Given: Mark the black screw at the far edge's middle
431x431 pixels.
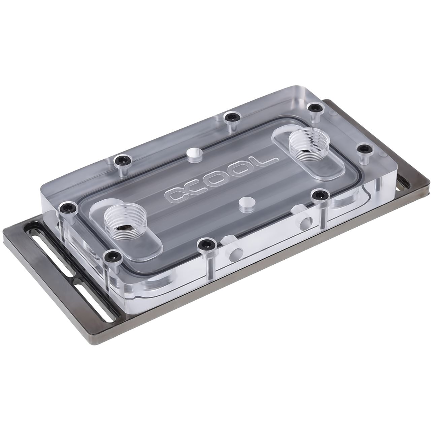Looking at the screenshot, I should pyautogui.click(x=231, y=118).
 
